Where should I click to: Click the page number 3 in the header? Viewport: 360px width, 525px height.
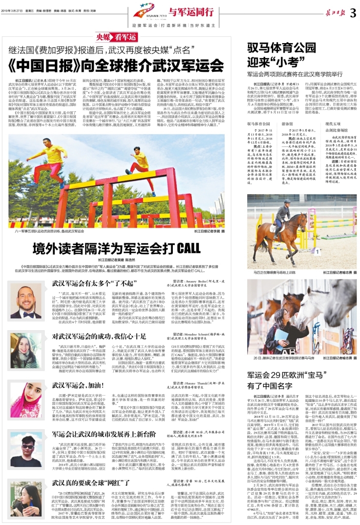[x=352, y=14]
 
